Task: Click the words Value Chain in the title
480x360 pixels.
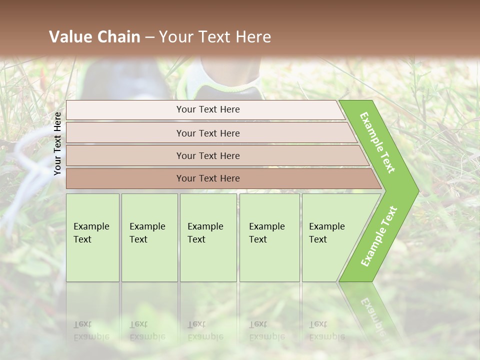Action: click(94, 37)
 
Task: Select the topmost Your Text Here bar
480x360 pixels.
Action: click(208, 109)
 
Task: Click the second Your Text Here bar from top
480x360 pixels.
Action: click(208, 133)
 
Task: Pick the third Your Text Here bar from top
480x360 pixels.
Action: click(208, 155)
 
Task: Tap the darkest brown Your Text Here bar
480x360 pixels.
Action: click(208, 178)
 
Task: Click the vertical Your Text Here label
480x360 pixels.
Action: click(57, 143)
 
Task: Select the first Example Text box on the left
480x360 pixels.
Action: click(92, 237)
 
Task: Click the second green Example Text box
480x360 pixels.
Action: click(149, 237)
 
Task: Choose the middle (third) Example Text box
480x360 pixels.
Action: click(208, 237)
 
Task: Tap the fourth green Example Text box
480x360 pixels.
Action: click(269, 237)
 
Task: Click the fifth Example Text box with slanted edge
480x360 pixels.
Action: click(330, 237)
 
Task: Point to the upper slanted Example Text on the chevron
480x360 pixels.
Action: click(377, 142)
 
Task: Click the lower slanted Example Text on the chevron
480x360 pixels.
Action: click(379, 236)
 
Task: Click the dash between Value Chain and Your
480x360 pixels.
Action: click(149, 37)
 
